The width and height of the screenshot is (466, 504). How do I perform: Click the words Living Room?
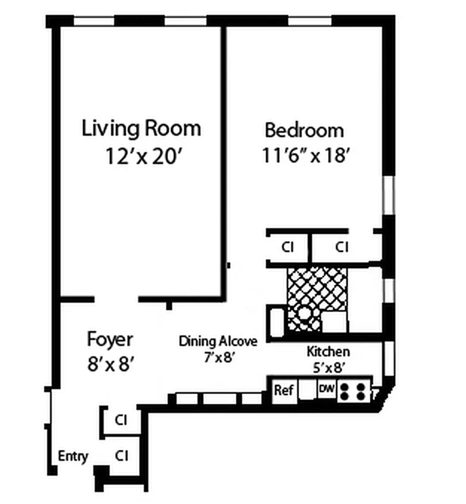[x=141, y=128]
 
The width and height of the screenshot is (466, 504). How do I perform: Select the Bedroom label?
[x=304, y=129]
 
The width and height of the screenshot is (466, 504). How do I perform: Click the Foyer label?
[x=110, y=339]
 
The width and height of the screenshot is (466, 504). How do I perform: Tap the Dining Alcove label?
[x=218, y=341]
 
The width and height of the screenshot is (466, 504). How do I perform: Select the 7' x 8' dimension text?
[x=218, y=358]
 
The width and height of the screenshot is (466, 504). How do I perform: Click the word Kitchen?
[x=329, y=351]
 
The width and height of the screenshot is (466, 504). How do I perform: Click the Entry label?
[x=73, y=456]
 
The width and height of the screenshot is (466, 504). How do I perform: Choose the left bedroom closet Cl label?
[x=287, y=247]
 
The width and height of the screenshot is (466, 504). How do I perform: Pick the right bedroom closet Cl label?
[x=342, y=247]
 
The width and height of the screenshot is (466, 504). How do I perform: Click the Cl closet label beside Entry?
[x=121, y=454]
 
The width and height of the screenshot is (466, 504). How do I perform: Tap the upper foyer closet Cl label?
[x=121, y=419]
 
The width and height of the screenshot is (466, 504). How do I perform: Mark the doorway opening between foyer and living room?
[x=116, y=299]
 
